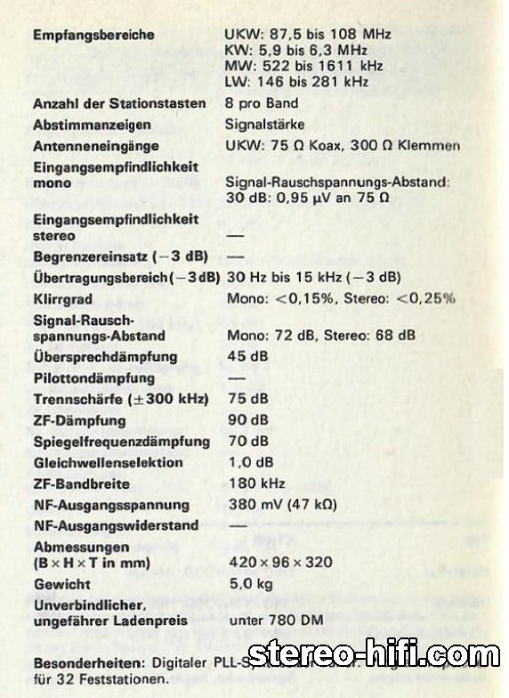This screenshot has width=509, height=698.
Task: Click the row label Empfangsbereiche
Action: [93, 35]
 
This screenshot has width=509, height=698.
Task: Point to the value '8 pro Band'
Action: [262, 103]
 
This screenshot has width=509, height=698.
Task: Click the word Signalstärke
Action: [265, 125]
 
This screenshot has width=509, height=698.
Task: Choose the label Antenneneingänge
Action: [96, 146]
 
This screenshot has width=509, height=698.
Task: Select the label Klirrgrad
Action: [62, 299]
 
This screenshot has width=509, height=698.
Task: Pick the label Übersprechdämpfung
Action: [105, 357]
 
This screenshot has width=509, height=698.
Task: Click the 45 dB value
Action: [246, 357]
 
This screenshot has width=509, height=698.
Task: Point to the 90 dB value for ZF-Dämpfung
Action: [246, 419]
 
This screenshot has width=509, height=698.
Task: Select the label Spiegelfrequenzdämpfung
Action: [121, 442]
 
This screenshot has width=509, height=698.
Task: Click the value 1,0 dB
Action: [249, 463]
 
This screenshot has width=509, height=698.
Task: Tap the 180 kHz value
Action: [255, 484]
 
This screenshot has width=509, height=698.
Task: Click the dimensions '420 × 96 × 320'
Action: [280, 563]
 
